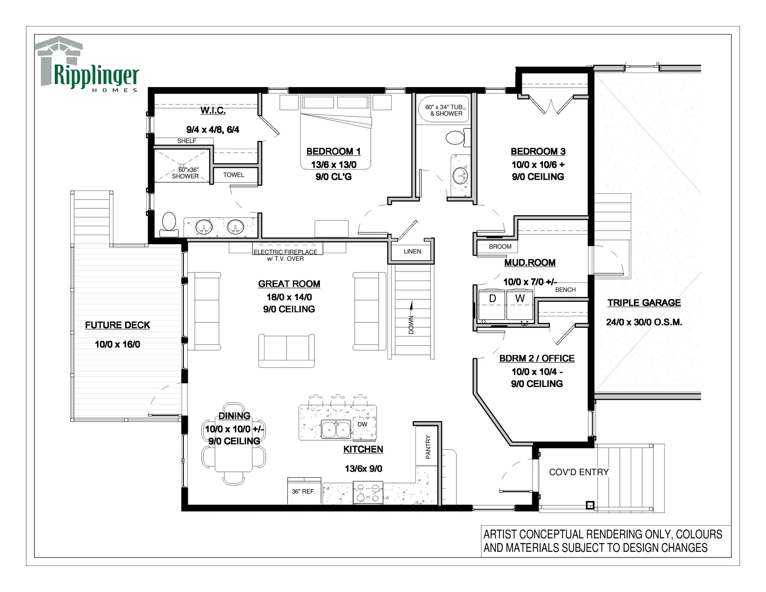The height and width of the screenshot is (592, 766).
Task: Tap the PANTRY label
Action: (x=428, y=447)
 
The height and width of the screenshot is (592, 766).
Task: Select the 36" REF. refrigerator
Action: (x=304, y=491)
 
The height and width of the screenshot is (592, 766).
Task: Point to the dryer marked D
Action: (x=492, y=304)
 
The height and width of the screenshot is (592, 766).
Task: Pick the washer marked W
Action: (x=520, y=304)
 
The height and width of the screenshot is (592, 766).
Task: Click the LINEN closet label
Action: (x=412, y=252)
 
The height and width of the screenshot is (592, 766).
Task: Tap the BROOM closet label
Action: (x=500, y=247)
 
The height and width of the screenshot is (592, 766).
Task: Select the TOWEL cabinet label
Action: (x=233, y=175)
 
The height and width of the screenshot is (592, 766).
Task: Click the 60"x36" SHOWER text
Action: (x=186, y=173)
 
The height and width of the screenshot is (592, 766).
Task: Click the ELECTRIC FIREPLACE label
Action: (x=285, y=252)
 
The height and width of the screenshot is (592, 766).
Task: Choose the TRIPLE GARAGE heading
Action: (x=644, y=303)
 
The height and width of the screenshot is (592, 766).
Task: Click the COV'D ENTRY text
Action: (x=579, y=472)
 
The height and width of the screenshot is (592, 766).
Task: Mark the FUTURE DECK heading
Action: (x=117, y=325)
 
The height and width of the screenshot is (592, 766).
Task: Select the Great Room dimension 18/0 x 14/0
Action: (x=289, y=297)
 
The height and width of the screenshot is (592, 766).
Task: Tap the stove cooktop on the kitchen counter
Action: (x=368, y=493)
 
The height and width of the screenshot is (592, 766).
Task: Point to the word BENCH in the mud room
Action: (x=565, y=290)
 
